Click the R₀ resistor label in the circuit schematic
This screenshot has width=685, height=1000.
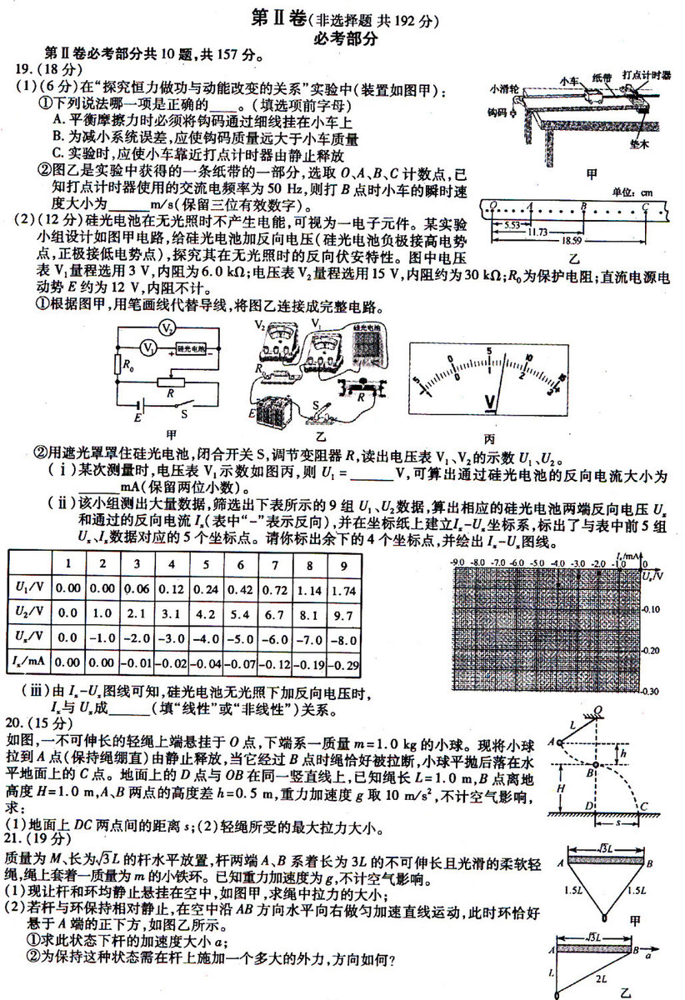pyautogui.click(x=126, y=365)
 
